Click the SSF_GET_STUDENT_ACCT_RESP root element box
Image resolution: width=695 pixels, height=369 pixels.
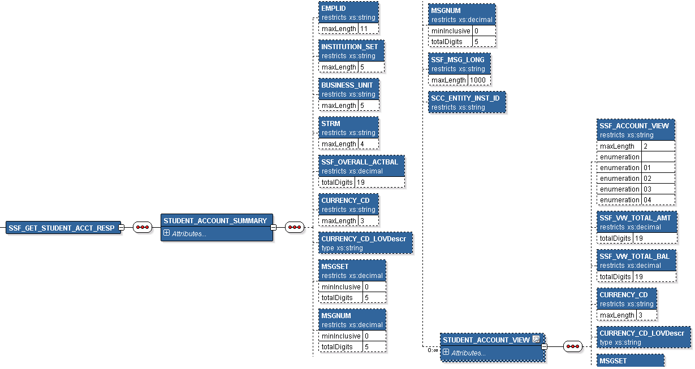[61, 228]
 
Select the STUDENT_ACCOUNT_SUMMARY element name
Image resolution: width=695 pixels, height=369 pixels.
[215, 221]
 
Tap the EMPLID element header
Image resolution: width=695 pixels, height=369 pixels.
[334, 8]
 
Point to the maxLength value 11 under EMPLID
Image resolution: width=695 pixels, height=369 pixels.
[364, 29]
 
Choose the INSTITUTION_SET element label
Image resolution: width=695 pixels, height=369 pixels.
[349, 47]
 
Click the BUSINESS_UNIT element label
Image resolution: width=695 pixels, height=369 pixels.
[347, 85]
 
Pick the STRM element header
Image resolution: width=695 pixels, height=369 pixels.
[331, 124]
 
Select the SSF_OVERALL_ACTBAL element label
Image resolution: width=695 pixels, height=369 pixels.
[360, 162]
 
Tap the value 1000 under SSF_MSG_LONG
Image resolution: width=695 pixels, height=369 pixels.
[480, 80]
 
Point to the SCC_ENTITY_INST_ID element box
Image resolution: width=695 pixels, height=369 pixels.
[466, 102]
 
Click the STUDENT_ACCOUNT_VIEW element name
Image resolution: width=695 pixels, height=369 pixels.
[486, 340]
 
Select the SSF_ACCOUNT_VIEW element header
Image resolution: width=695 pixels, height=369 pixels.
[634, 126]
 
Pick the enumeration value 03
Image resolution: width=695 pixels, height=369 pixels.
[647, 189]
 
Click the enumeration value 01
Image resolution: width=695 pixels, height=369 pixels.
[647, 168]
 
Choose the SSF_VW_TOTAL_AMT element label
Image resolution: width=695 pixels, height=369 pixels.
[635, 218]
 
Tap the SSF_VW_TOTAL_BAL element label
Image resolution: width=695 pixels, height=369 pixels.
[634, 257]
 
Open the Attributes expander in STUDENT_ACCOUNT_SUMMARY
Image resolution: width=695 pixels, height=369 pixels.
[166, 233]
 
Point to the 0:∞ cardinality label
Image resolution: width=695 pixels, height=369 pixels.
[433, 350]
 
